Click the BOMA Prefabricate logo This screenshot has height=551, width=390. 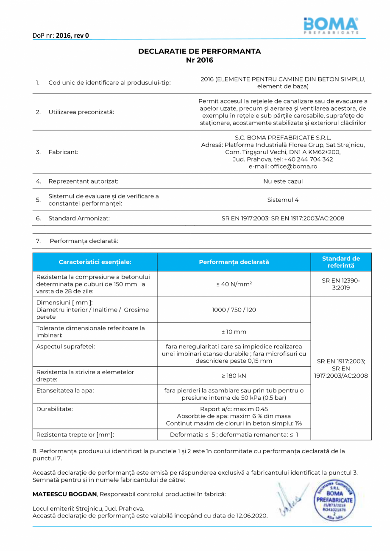331,25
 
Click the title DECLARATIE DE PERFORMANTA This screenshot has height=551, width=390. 199,51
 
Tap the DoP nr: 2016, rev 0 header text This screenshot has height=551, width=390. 61,35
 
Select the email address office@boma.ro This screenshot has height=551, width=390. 283,167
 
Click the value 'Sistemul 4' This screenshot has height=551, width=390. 283,200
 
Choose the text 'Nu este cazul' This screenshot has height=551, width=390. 283,181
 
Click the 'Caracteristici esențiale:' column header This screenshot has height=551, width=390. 95,262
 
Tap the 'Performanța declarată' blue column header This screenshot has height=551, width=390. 234,262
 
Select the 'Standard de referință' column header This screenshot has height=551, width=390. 341,262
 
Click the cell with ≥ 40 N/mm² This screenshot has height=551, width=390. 234,284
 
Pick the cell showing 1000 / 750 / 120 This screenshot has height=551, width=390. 234,310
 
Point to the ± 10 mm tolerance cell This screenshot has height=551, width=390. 234,331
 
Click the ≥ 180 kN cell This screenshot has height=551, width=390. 234,376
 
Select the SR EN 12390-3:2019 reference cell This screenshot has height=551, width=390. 341,284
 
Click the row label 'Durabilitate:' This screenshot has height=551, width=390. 55,409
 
